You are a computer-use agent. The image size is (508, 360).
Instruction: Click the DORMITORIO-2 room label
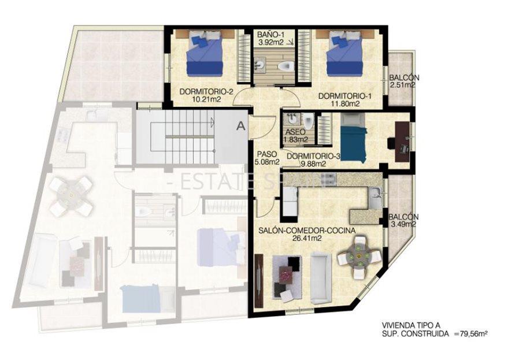click(199, 91)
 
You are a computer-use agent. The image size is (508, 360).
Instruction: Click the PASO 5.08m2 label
click(266, 158)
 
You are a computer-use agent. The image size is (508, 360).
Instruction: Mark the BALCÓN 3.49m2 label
click(403, 221)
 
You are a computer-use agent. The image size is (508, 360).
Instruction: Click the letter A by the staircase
click(241, 124)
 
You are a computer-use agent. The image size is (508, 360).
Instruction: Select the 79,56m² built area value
click(472, 333)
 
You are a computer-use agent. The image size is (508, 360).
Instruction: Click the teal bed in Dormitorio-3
click(353, 140)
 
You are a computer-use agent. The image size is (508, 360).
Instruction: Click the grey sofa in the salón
click(319, 277)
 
